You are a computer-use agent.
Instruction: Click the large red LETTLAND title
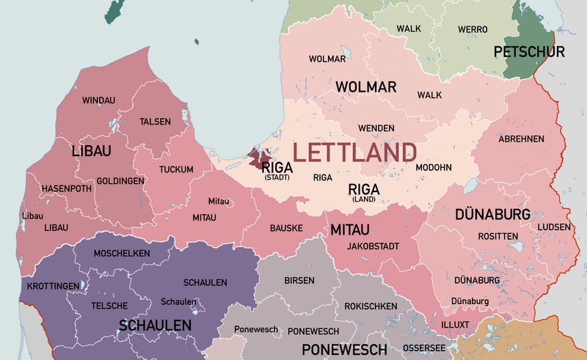click(355, 153)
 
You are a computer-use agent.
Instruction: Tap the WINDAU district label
click(99, 100)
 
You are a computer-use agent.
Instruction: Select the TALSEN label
click(155, 122)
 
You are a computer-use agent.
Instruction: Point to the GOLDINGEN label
click(120, 180)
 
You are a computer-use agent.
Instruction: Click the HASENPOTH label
click(66, 188)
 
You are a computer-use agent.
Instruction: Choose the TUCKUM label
click(176, 170)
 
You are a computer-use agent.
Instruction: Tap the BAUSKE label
click(286, 228)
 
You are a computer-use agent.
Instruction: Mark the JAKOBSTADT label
click(373, 246)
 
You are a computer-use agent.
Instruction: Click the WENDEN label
click(376, 128)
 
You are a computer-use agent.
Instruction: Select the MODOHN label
click(434, 167)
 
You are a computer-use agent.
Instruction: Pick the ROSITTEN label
click(498, 236)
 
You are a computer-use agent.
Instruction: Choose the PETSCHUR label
click(529, 52)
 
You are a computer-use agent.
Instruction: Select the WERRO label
click(473, 29)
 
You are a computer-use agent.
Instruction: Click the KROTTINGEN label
click(53, 285)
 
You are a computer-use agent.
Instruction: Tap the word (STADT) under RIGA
click(277, 177)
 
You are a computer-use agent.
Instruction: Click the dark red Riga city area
click(258, 158)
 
